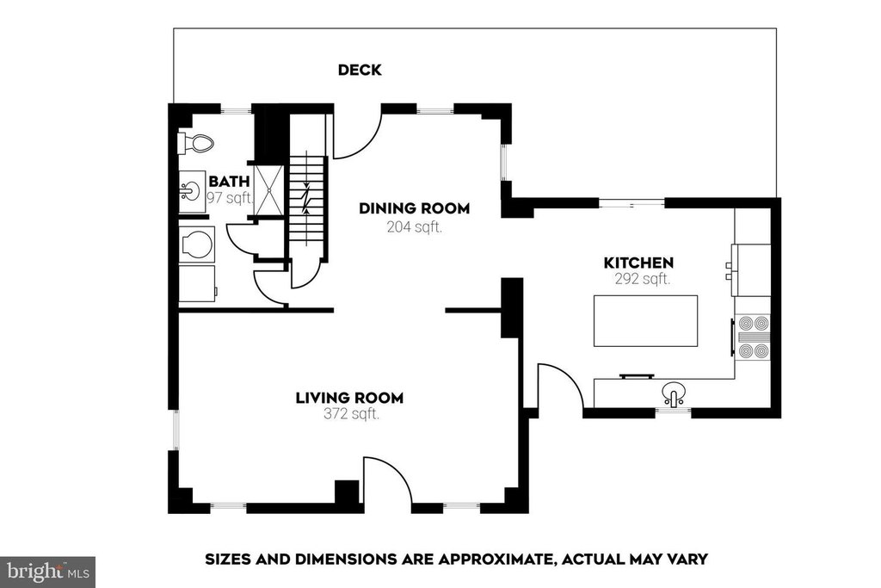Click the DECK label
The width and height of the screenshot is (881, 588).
point(360,70)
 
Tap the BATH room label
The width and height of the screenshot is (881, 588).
point(229,181)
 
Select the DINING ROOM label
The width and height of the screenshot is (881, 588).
point(414,208)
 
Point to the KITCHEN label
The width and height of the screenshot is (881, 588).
point(638,263)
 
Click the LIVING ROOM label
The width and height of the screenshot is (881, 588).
point(349,398)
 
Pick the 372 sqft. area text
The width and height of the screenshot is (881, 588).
point(352,414)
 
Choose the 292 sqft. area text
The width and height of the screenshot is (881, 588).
point(643,279)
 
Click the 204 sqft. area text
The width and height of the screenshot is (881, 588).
point(415,227)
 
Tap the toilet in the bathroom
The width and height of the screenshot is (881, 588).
point(195,143)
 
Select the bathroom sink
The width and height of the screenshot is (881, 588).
point(190,191)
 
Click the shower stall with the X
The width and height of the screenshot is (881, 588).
point(268,190)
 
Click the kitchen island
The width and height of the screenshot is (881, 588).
point(645,321)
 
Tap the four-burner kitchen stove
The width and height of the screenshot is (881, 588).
point(753,337)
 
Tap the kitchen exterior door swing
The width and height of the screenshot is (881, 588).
point(561,386)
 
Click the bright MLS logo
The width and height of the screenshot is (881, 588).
point(47,572)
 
